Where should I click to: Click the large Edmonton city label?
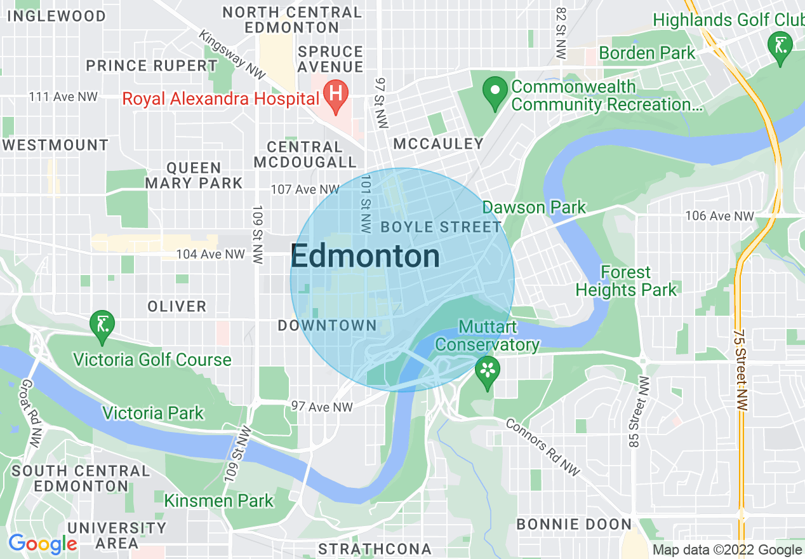coord(365,257)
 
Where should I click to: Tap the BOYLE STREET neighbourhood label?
coord(441,227)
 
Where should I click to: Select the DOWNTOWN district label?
coord(328,326)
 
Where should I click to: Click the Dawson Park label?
coord(534,207)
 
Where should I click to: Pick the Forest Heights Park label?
coord(626,281)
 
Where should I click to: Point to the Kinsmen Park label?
coord(219,501)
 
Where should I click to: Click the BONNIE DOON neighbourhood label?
coord(574,524)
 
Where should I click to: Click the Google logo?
coord(43,544)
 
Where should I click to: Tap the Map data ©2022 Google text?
coord(727,550)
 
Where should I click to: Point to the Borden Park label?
coord(647,53)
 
